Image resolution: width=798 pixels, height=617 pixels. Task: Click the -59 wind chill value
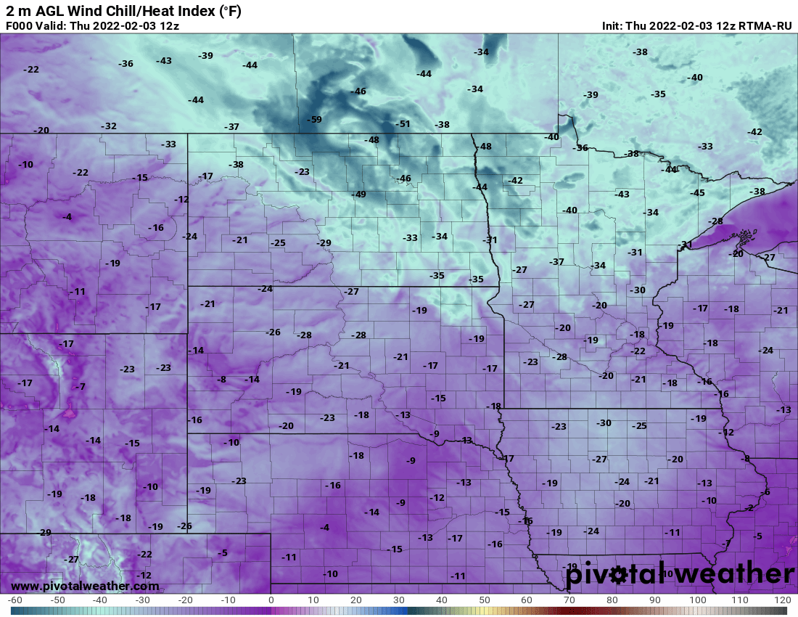[x=314, y=120]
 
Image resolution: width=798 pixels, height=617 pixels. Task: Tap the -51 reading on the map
[x=403, y=124]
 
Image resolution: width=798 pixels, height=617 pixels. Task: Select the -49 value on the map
[x=358, y=195]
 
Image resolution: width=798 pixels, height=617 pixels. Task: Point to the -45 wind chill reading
[x=697, y=193]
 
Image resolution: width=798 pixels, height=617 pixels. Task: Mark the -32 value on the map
[x=109, y=126]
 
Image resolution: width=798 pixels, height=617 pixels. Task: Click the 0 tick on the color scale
[x=271, y=600]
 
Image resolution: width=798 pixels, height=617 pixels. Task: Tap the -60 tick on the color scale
[x=15, y=600]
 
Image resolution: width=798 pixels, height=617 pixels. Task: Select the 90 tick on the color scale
[x=655, y=600]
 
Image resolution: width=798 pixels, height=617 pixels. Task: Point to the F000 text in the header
[x=19, y=25]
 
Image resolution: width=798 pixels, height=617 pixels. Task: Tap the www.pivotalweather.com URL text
[x=85, y=586]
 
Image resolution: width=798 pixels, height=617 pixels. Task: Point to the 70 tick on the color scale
[x=569, y=600]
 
